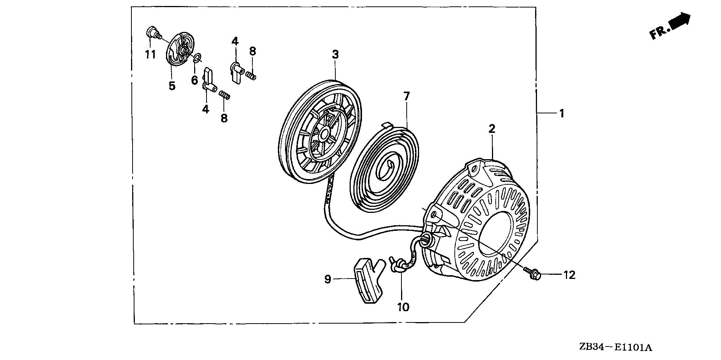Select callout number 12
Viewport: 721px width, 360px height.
(x=569, y=275)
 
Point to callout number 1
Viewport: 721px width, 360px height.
(x=562, y=113)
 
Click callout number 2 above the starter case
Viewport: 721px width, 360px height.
(x=492, y=129)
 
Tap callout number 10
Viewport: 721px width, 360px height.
(x=403, y=307)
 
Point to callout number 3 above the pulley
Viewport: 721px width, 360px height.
(x=335, y=54)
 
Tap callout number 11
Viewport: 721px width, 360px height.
(x=150, y=55)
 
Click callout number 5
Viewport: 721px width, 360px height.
(x=172, y=86)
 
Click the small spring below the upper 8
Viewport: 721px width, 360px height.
(x=251, y=76)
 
